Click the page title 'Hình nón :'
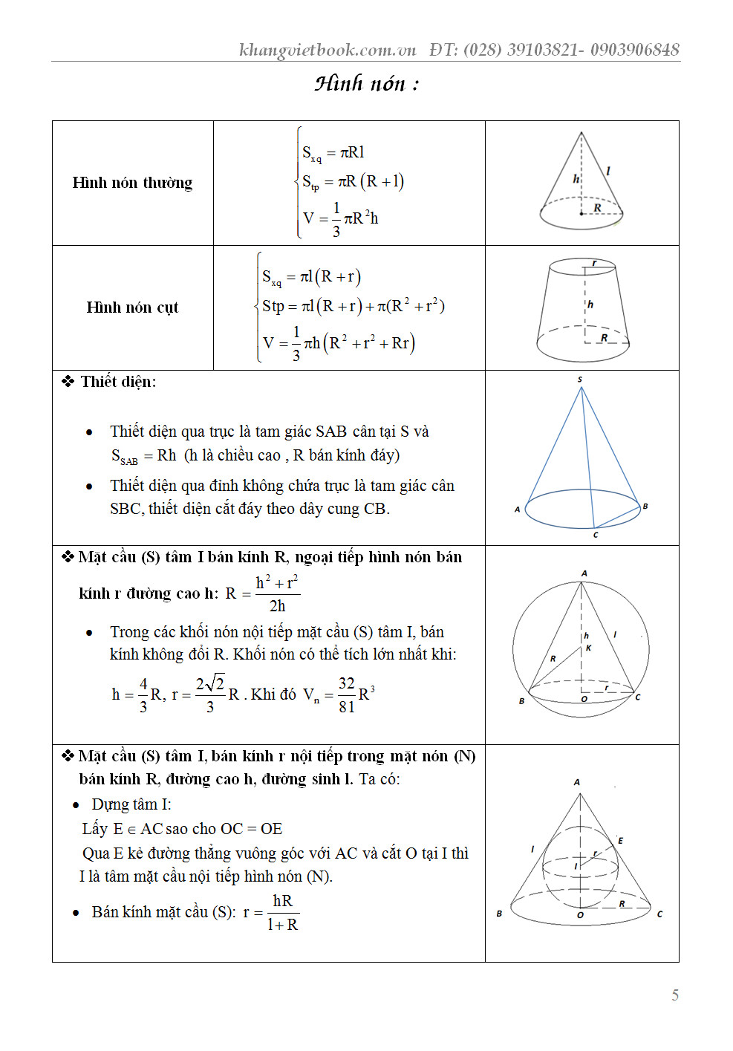click(x=366, y=83)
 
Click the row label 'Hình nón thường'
click(x=132, y=183)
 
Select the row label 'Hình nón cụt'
click(x=132, y=308)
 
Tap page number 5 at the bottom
click(x=674, y=995)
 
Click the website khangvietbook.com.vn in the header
click(x=328, y=50)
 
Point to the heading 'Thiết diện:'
click(x=118, y=382)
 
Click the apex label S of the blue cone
click(x=580, y=380)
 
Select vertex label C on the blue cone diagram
click(x=596, y=535)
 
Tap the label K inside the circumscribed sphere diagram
click(x=588, y=648)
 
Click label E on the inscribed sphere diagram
click(x=620, y=841)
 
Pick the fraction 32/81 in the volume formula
click(x=346, y=694)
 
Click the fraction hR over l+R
click(x=282, y=913)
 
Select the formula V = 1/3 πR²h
click(x=340, y=219)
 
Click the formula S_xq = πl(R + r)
click(x=311, y=278)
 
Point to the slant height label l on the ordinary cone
click(x=608, y=171)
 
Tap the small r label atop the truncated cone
click(x=594, y=263)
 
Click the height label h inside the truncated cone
click(x=590, y=305)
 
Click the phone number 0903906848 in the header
click(x=636, y=50)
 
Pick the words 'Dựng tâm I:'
click(x=131, y=804)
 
